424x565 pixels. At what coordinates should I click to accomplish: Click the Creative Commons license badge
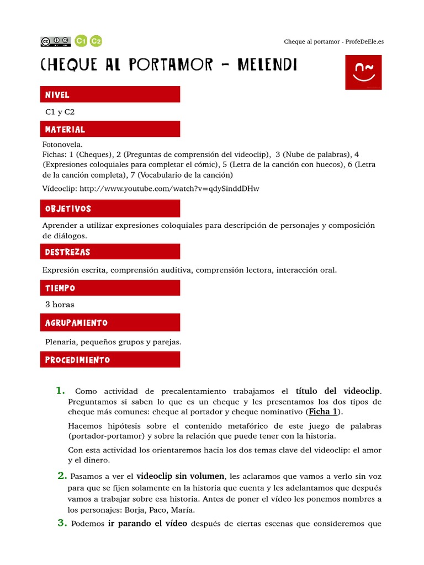tap(55, 41)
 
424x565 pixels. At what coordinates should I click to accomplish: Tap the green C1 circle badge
tap(81, 41)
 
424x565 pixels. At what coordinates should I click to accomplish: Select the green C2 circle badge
tap(96, 41)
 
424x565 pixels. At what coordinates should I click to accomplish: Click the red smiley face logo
tap(363, 72)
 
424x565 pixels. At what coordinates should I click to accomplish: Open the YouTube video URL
tap(169, 189)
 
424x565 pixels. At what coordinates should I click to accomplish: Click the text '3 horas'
tap(60, 305)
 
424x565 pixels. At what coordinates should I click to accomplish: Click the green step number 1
tap(61, 391)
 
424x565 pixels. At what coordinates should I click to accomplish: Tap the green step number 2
tap(62, 476)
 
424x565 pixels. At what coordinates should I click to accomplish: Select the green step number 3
tap(62, 523)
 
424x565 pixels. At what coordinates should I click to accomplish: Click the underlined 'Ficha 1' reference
tap(323, 412)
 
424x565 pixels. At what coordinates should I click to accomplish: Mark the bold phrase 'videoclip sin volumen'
tap(181, 476)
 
